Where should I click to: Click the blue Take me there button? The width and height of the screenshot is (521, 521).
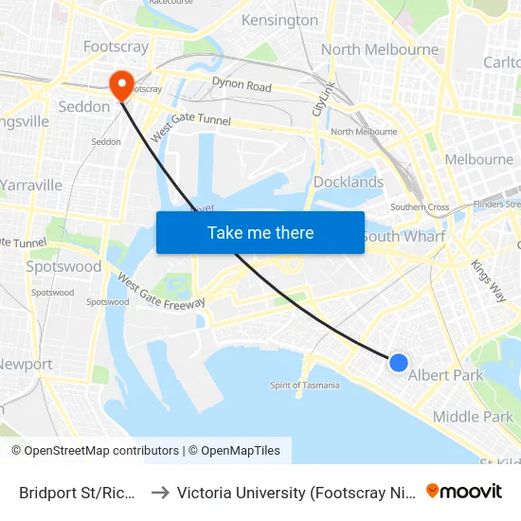[260, 232]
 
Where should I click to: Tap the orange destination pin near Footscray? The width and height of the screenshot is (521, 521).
[121, 85]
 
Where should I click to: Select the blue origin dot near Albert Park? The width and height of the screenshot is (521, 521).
[399, 362]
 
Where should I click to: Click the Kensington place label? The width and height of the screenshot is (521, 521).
[279, 20]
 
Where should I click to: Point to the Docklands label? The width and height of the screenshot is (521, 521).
[348, 182]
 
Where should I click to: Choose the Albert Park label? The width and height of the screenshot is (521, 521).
[445, 375]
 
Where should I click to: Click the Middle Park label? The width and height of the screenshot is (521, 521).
[473, 417]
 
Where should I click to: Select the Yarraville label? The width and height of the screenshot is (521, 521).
[31, 185]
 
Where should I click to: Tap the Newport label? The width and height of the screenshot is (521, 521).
[26, 364]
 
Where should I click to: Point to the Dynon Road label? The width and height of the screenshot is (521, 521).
[242, 86]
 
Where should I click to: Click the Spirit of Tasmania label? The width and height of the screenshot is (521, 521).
[304, 385]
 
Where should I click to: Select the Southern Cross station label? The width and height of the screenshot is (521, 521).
[420, 207]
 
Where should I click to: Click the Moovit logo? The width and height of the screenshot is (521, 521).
[464, 491]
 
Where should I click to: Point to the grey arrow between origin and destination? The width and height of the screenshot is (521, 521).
[159, 493]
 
